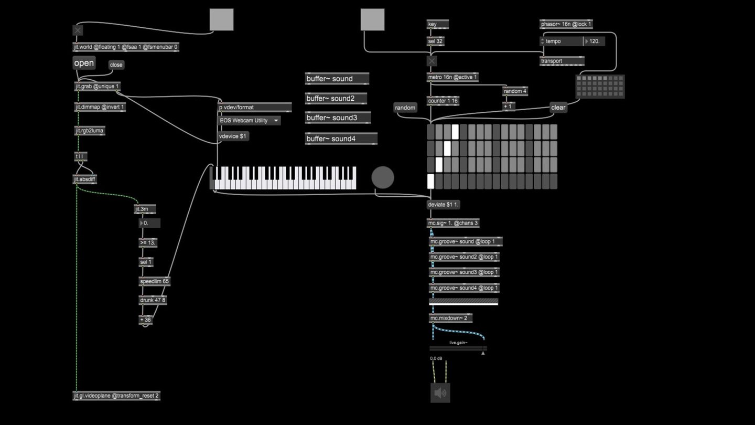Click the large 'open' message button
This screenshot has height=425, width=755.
point(84,63)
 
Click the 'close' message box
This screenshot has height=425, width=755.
point(116,65)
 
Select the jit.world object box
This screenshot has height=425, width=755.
point(126,47)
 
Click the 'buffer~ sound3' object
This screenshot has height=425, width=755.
point(338,118)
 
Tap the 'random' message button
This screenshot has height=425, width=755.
point(405,108)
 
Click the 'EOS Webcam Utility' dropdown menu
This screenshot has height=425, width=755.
point(249,121)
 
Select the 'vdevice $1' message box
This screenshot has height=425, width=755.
point(233,136)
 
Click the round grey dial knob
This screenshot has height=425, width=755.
point(383,177)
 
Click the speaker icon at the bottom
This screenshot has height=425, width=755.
point(440,393)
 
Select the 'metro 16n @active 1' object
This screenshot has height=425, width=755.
point(452,78)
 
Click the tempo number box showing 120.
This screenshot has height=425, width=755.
point(594,41)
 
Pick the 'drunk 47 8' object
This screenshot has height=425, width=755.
point(153,301)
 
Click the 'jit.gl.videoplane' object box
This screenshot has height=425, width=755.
point(116,396)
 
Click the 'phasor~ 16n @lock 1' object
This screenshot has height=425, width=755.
point(566,25)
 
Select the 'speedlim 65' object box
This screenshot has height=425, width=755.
point(155,282)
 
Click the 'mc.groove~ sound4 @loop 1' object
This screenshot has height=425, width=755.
point(464,288)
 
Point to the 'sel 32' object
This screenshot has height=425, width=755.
point(436,41)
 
